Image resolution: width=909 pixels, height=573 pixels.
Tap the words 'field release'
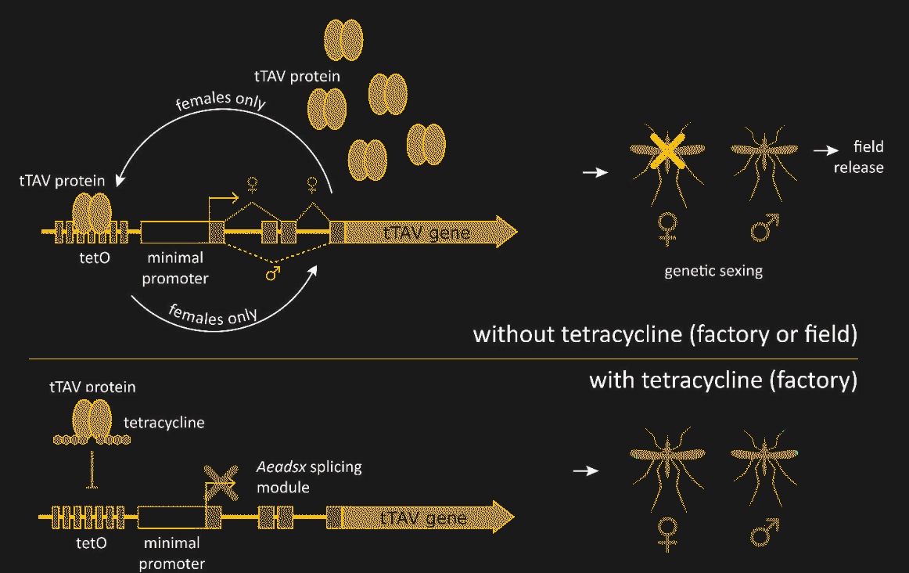coord(860,157)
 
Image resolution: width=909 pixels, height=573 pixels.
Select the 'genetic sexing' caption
coord(713,272)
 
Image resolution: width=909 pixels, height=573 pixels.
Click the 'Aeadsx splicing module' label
coord(309,477)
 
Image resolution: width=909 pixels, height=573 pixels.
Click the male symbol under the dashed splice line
coord(274,273)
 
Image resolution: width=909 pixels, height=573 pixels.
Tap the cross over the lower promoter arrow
coord(221,479)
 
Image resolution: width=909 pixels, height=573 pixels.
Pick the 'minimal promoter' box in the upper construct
coord(174,232)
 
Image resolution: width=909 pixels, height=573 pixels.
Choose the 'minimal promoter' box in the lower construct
coord(171,517)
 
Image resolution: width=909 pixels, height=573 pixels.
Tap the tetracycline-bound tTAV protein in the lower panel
coord(92,420)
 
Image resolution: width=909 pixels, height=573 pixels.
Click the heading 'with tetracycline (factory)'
coord(723,380)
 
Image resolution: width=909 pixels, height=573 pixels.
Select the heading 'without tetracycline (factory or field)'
coord(666,335)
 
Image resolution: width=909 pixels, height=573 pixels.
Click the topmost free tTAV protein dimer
coord(343,36)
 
